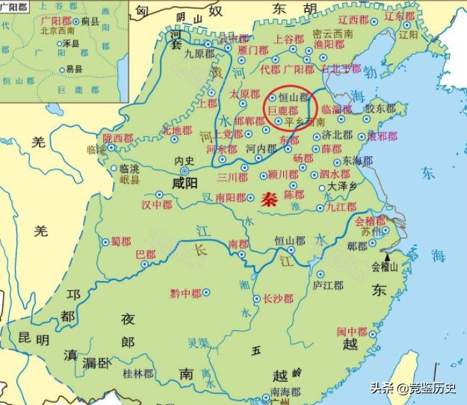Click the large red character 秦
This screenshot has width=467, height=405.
[270, 200]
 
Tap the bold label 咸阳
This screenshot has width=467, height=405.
[185, 182]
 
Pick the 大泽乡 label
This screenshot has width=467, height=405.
[343, 186]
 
